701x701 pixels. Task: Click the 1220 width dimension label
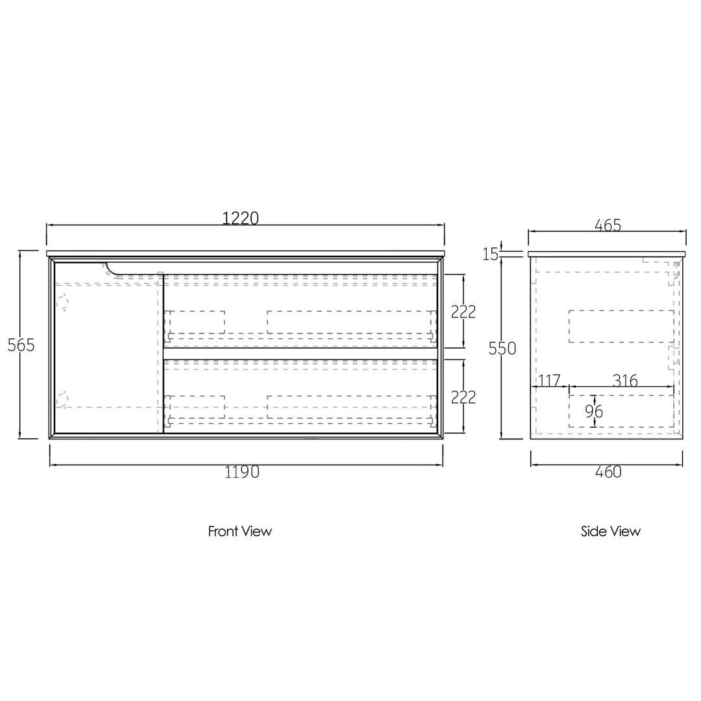[241, 217]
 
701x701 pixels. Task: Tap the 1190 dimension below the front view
[242, 472]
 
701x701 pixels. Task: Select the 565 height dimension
[21, 345]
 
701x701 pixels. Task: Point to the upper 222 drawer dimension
[463, 312]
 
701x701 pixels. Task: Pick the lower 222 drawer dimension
[463, 397]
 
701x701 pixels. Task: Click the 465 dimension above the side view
[608, 225]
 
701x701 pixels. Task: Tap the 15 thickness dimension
[491, 254]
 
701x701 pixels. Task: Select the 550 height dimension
[502, 348]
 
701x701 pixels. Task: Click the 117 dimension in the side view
[549, 380]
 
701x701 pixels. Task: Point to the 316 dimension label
[625, 380]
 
